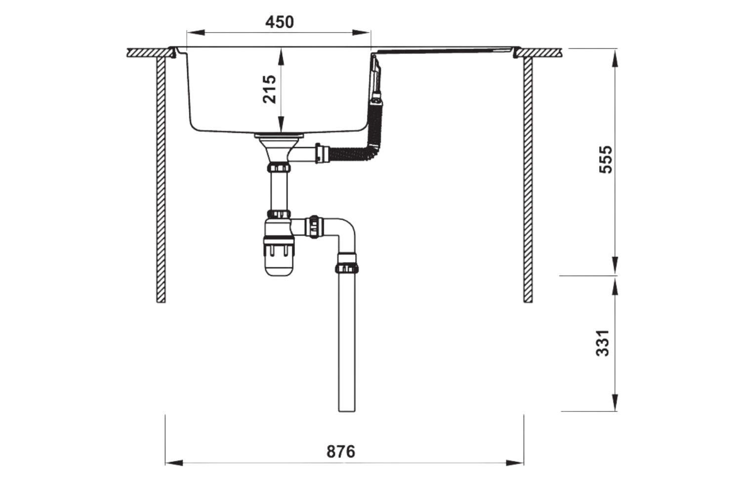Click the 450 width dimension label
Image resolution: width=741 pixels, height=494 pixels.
point(279,22)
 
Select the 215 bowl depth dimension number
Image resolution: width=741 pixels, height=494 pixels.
point(270,89)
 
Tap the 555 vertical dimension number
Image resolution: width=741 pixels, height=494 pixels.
point(606,159)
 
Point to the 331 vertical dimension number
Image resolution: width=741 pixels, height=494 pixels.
point(603,343)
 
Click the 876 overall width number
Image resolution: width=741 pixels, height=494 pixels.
point(341,452)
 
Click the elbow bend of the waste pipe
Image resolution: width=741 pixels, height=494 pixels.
point(346,232)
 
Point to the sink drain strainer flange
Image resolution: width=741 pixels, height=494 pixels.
point(280,134)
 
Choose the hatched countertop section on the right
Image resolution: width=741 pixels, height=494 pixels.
point(541,52)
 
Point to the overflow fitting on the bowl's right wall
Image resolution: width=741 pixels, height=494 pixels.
point(376,79)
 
